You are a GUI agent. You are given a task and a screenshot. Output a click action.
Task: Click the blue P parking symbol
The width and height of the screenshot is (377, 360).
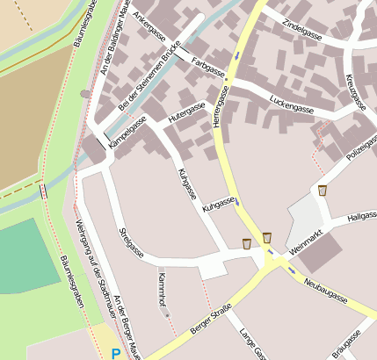(x=115, y=353)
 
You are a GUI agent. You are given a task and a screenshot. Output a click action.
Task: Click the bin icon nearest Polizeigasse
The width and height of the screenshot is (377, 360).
(x=323, y=191)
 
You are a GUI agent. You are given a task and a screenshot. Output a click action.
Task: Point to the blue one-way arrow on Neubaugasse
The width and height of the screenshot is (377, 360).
(x=292, y=270)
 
